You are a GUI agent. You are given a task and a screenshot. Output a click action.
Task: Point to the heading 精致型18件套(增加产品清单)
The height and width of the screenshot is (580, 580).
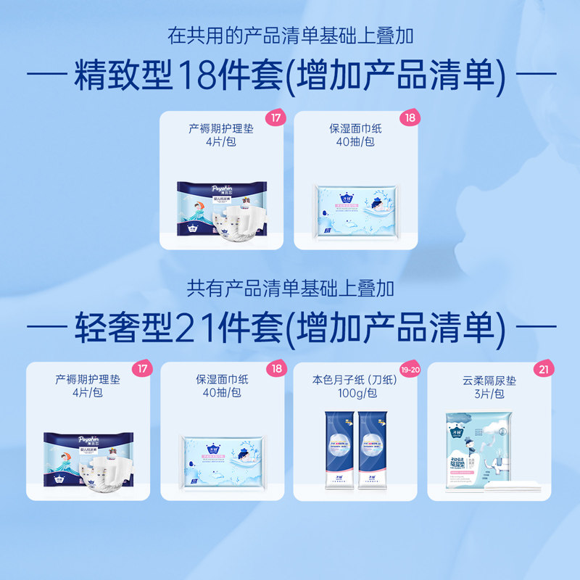[289, 75]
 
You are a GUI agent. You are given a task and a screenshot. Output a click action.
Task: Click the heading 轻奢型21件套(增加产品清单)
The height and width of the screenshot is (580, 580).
[289, 328]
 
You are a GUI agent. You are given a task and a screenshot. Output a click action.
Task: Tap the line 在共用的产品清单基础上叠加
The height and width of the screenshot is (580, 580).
[290, 34]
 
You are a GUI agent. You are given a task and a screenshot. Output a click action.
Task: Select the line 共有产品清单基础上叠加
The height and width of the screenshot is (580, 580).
[290, 289]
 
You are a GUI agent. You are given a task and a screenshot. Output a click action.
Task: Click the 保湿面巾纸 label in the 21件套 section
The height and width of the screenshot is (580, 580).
[222, 380]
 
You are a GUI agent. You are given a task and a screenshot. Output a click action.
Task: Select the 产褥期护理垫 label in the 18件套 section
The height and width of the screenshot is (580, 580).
[222, 128]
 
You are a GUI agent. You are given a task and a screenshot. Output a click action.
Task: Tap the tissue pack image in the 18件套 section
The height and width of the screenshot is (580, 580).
[356, 210]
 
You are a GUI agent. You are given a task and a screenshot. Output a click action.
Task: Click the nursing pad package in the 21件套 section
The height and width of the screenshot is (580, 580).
[88, 460]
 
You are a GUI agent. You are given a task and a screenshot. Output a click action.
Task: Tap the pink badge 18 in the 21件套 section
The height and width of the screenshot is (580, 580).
[275, 369]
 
